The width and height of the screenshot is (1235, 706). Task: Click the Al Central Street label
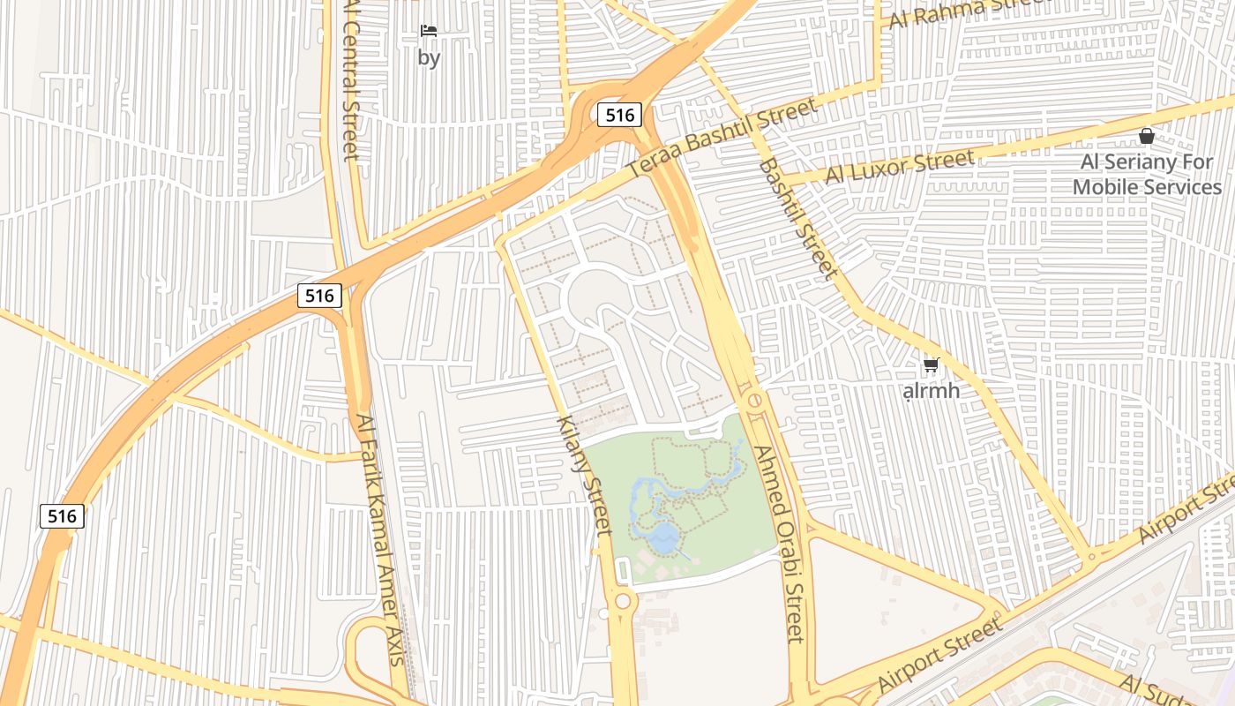tap(350, 79)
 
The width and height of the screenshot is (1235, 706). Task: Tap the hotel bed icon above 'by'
tap(429, 31)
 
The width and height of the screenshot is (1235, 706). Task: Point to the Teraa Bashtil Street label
tap(722, 138)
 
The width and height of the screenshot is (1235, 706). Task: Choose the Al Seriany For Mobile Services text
tap(1147, 175)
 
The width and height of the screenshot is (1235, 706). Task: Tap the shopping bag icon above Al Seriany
tap(1146, 136)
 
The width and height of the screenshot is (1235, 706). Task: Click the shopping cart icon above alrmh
tap(931, 364)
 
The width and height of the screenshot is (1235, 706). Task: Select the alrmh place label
tap(932, 390)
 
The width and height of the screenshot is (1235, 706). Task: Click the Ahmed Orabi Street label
tap(779, 543)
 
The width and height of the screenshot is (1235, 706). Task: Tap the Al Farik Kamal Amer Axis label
tap(379, 538)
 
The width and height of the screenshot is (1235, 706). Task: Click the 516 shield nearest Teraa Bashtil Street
tap(619, 115)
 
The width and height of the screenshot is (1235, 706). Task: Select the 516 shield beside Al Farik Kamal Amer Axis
tap(318, 296)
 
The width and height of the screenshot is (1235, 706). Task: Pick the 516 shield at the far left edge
tap(62, 516)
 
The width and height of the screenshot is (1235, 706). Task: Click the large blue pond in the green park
tap(662, 537)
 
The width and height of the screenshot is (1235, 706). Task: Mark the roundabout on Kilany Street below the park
tap(623, 602)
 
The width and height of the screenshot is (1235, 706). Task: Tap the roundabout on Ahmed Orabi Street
tap(754, 401)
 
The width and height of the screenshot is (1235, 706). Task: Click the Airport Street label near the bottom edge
tap(939, 655)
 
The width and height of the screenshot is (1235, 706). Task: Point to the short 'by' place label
tap(429, 58)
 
